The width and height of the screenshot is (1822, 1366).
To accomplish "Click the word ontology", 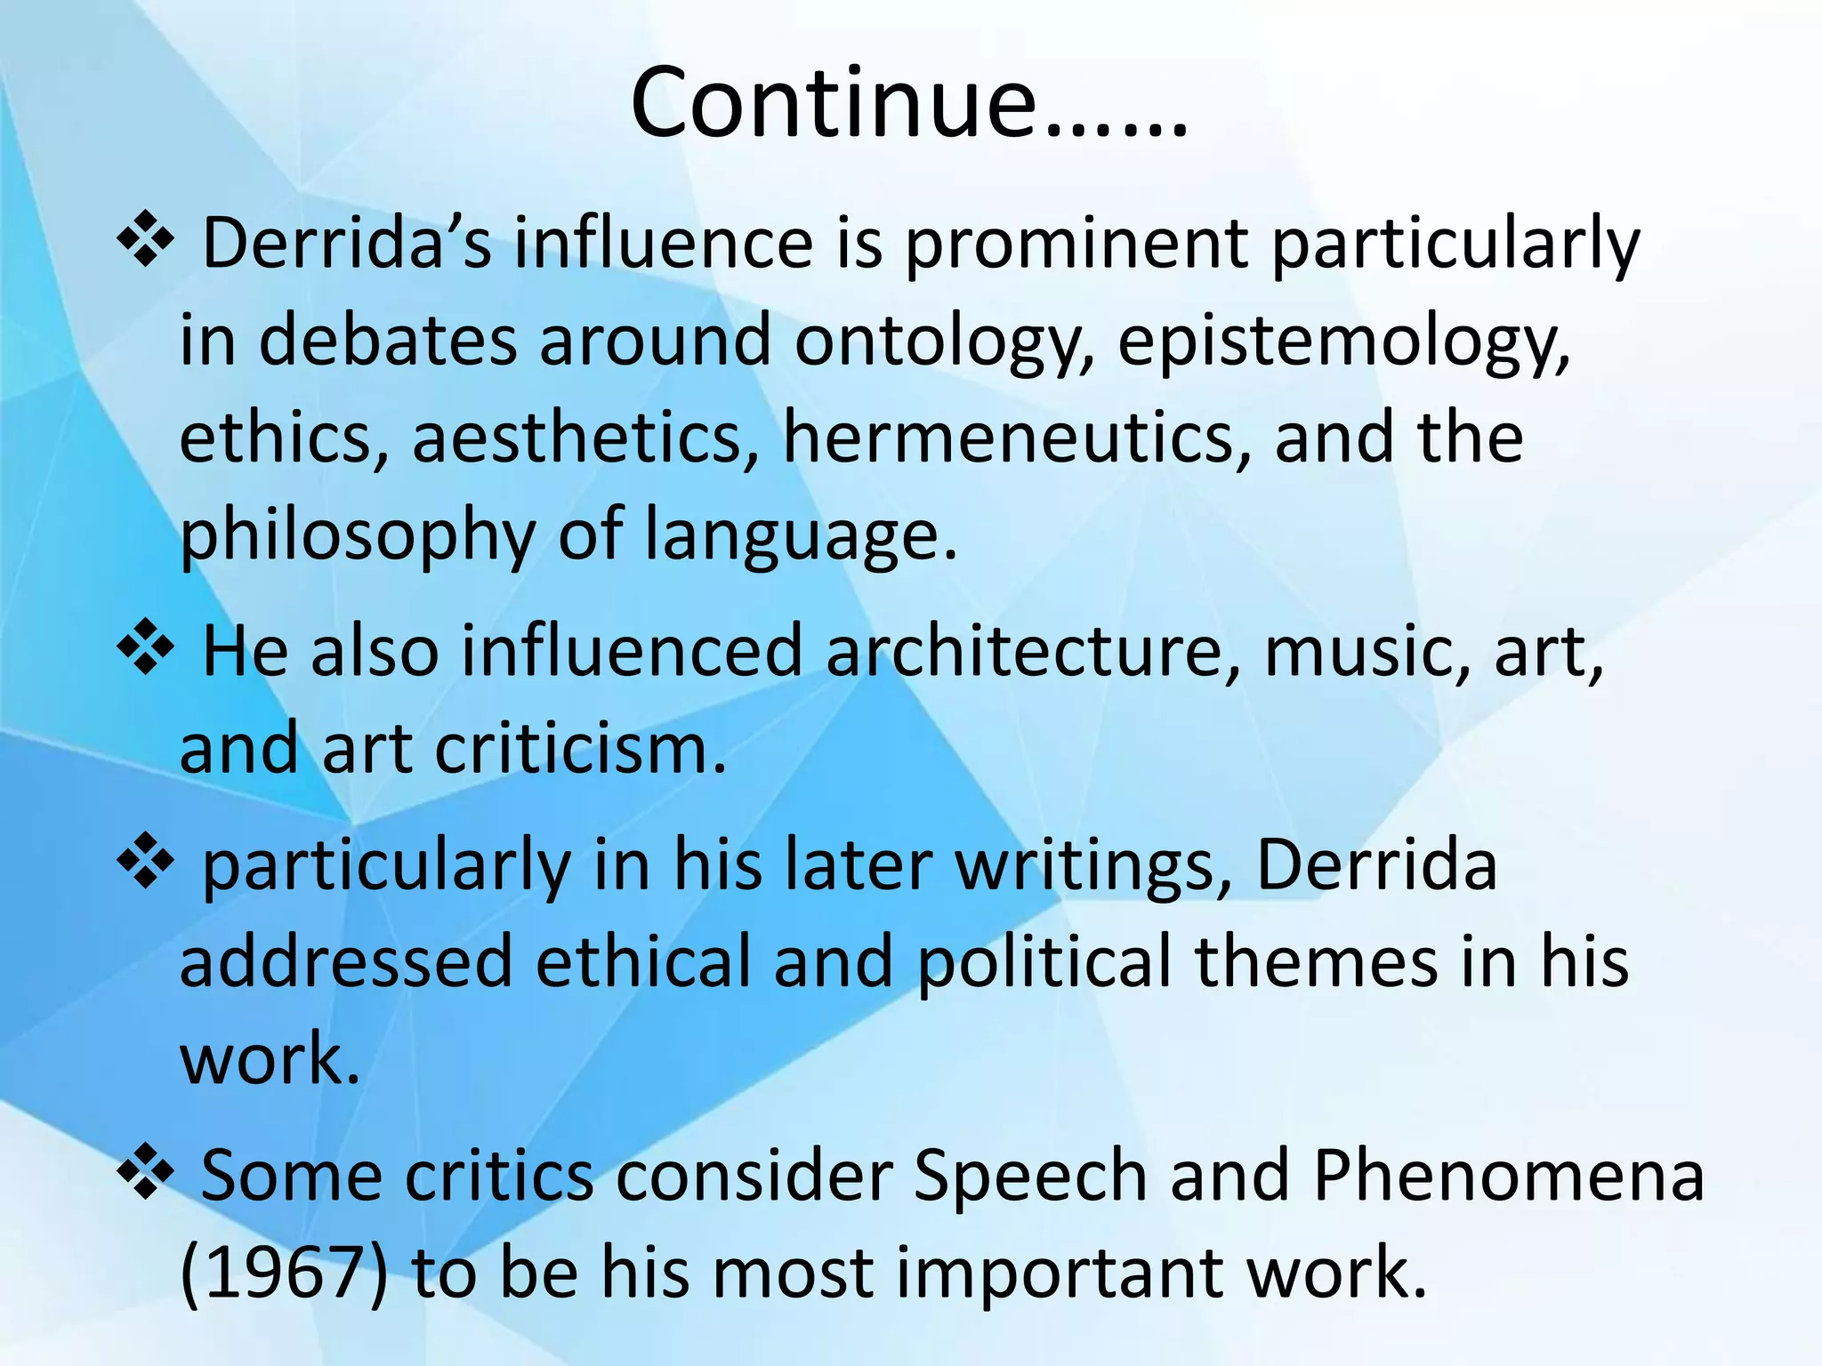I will click(942, 342).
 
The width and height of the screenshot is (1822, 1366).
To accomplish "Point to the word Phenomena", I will click(1508, 1176).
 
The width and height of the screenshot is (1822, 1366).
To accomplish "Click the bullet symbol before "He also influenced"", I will click(145, 647).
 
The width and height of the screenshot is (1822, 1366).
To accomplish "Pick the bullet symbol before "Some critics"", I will click(145, 1171).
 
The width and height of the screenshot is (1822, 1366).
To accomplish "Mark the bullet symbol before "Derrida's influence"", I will click(145, 240).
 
